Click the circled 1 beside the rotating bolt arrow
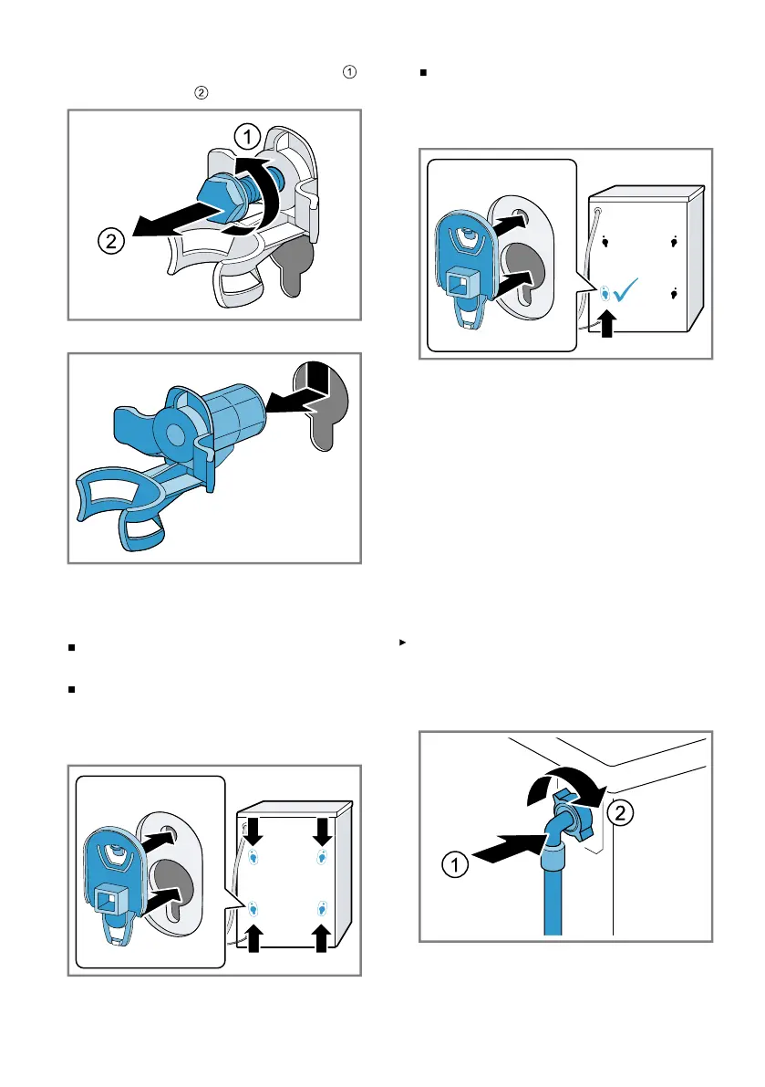(x=247, y=137)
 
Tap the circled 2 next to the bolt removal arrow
(x=110, y=241)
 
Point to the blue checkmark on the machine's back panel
(x=625, y=289)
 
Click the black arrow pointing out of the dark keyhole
(x=296, y=400)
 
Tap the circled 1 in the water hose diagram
(x=455, y=864)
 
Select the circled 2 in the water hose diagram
(x=620, y=812)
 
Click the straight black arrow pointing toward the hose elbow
(x=508, y=848)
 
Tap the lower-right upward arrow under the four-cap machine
(x=321, y=938)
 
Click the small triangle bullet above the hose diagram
(x=402, y=643)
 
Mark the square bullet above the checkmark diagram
(x=423, y=72)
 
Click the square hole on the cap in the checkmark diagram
(x=459, y=283)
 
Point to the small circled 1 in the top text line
(x=349, y=71)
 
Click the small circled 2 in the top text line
(x=201, y=92)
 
